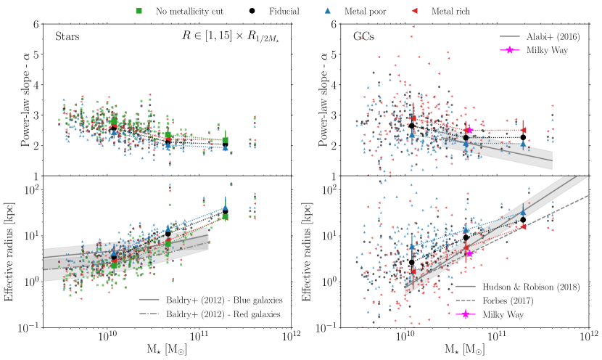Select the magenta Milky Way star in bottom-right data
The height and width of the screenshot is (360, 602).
coord(469,253)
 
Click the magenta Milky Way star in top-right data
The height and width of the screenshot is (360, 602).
coord(469,130)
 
